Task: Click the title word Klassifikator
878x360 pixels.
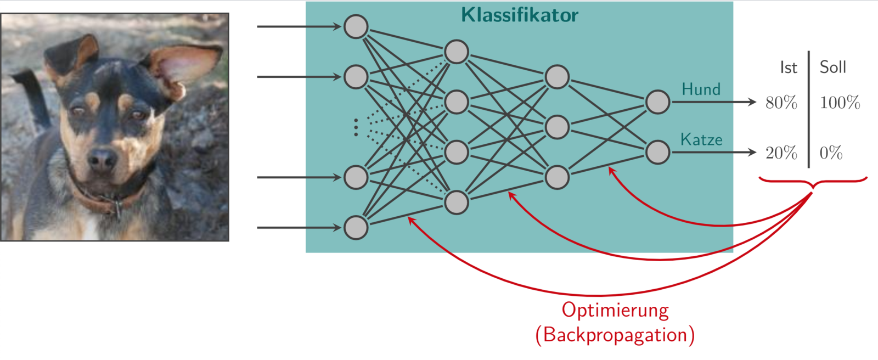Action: [x=519, y=15]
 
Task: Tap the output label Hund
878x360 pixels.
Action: [x=701, y=89]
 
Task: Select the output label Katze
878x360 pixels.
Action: [x=701, y=140]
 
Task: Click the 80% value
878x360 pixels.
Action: [x=781, y=103]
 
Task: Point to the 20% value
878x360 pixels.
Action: [x=781, y=153]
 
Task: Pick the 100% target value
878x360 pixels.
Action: [x=840, y=103]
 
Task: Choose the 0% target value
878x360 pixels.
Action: [x=831, y=153]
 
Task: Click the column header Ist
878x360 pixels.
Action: [x=788, y=67]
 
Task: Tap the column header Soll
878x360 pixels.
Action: [x=832, y=67]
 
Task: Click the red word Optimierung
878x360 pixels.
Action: [x=615, y=311]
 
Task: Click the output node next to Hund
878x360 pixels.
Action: [x=657, y=102]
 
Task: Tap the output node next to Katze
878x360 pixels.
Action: [x=657, y=152]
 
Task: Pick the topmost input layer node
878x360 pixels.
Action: [x=356, y=26]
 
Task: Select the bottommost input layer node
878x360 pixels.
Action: [x=356, y=227]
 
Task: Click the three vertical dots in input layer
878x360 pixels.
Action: [x=356, y=127]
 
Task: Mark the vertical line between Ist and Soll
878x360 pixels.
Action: [x=808, y=110]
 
